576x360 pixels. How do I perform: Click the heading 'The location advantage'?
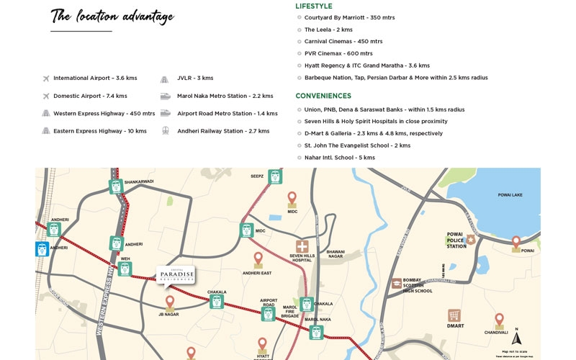pyautogui.click(x=112, y=16)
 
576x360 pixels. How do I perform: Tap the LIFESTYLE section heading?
pyautogui.click(x=314, y=6)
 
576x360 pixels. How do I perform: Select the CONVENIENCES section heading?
pyautogui.click(x=323, y=96)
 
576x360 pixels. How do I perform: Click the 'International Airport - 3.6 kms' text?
pyautogui.click(x=95, y=78)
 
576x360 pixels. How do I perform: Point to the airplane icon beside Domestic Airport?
pyautogui.click(x=46, y=96)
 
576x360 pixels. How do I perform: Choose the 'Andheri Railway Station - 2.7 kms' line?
pyautogui.click(x=223, y=131)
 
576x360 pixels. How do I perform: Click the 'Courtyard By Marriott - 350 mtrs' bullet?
pyautogui.click(x=349, y=17)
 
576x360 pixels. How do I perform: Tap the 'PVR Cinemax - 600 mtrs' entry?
pyautogui.click(x=338, y=53)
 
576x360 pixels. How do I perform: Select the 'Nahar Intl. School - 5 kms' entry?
pyautogui.click(x=339, y=158)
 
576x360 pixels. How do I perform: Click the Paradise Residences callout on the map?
pyautogui.click(x=176, y=275)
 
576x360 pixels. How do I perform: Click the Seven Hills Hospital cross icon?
pyautogui.click(x=302, y=247)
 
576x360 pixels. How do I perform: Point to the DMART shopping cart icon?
pyautogui.click(x=454, y=315)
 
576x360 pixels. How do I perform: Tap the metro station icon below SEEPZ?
pyautogui.click(x=275, y=177)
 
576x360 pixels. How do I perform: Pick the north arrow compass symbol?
pyautogui.click(x=516, y=338)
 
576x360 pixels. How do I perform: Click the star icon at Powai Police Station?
pyautogui.click(x=471, y=239)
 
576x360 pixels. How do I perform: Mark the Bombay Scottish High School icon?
pyautogui.click(x=397, y=284)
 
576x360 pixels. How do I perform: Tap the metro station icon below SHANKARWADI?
pyautogui.click(x=116, y=186)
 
